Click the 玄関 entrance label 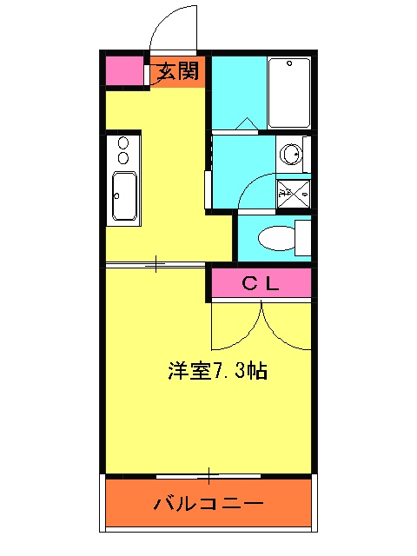coord(179,71)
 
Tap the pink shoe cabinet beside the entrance coord(124,70)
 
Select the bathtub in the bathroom coord(289,92)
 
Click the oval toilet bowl coord(277,237)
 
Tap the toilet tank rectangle coord(303,237)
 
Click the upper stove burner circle coord(122,143)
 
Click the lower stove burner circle coord(122,158)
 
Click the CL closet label coord(259,282)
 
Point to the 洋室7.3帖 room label coord(217,371)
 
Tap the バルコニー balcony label coord(208,503)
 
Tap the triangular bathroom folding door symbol coord(245,123)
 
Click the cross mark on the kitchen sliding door coord(156,262)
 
